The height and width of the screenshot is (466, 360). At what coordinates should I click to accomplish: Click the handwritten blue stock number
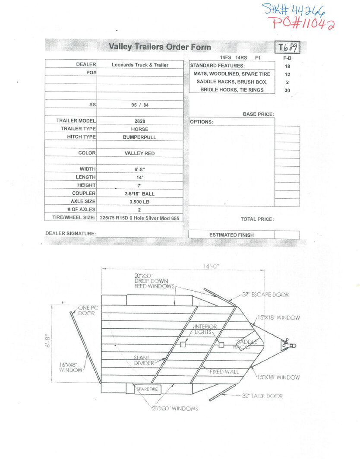(x=294, y=10)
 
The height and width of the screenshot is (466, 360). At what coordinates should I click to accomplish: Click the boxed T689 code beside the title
(x=287, y=47)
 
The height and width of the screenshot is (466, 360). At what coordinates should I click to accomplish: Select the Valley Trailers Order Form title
(x=160, y=47)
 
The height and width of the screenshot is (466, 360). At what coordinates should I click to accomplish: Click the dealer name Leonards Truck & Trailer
(x=140, y=65)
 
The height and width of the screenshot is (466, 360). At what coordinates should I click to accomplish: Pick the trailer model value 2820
(x=139, y=121)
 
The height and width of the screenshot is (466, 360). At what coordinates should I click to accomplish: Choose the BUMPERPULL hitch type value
(x=139, y=137)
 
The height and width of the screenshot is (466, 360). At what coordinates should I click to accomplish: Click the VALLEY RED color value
(x=139, y=153)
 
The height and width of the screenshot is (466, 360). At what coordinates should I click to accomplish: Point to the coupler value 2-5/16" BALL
(x=139, y=193)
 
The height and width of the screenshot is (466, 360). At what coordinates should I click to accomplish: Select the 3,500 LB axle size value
(x=139, y=202)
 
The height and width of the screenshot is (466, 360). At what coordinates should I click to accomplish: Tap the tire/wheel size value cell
(x=139, y=218)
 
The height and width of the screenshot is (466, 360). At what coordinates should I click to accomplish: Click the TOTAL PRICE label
(x=257, y=219)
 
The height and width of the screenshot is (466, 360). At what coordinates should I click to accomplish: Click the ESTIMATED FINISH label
(x=231, y=235)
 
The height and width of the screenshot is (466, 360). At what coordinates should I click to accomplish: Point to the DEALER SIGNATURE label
(x=70, y=233)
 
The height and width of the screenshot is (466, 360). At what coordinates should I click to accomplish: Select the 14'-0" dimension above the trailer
(x=211, y=266)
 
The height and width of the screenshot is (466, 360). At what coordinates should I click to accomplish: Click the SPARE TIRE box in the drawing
(x=147, y=389)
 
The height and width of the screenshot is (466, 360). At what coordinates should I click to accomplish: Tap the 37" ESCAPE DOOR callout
(x=265, y=295)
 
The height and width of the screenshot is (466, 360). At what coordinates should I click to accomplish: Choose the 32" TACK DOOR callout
(x=262, y=396)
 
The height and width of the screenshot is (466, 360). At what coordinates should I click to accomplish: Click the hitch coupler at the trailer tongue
(x=288, y=345)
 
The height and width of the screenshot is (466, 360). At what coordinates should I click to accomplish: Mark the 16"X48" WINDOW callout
(x=71, y=368)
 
